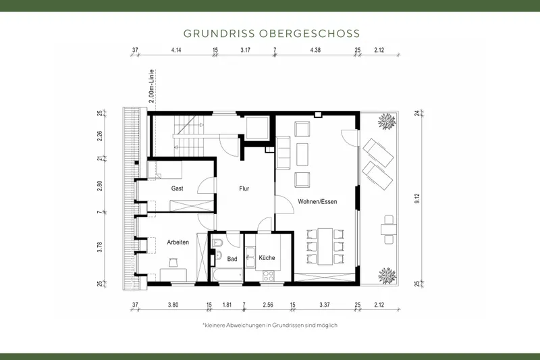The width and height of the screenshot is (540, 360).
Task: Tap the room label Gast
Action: tap(178, 188)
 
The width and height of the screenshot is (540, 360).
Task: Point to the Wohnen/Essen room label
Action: tap(317, 201)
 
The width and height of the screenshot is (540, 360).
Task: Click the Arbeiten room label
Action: tap(178, 242)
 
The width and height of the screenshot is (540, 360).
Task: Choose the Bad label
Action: tap(232, 259)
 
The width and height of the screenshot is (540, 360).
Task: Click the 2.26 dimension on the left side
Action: tap(99, 135)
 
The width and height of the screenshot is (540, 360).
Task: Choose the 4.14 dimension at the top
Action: tap(177, 50)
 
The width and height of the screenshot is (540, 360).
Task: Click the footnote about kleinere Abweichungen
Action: tap(269, 325)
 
